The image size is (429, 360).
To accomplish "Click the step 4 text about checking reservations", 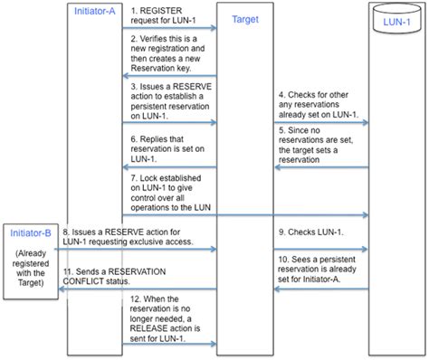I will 321,103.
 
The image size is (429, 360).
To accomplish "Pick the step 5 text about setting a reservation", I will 321,146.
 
